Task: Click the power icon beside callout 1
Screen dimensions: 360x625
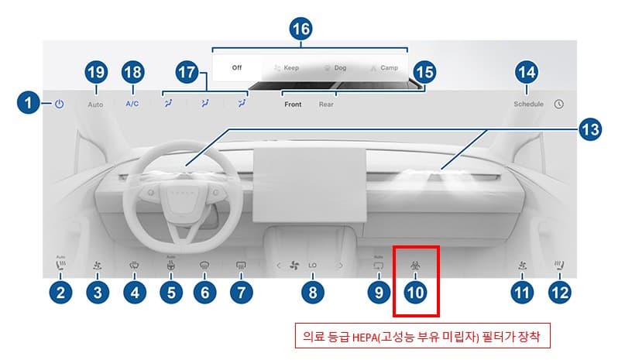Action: click(60, 104)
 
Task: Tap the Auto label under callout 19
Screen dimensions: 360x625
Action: click(95, 104)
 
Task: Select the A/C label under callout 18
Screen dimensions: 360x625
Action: click(132, 104)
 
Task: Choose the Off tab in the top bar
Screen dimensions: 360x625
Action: click(237, 67)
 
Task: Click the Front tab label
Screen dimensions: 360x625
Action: click(293, 104)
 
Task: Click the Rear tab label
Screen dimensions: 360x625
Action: click(326, 104)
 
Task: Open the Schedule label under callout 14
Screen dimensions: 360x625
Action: click(528, 104)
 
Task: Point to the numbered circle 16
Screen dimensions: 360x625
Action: click(300, 29)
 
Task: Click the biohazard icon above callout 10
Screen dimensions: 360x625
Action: click(416, 266)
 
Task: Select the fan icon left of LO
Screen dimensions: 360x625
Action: click(294, 266)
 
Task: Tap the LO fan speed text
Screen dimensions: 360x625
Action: click(313, 266)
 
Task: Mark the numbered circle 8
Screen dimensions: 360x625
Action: click(312, 292)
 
